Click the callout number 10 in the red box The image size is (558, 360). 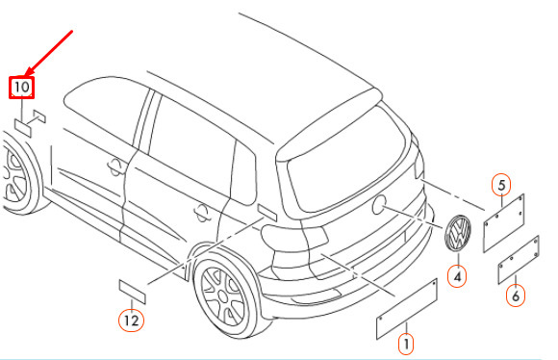click(21, 88)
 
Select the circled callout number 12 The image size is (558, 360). click(131, 321)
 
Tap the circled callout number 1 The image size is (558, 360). click(406, 344)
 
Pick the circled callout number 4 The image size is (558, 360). click(458, 276)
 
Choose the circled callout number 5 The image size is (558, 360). click(501, 185)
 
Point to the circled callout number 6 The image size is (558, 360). click(516, 296)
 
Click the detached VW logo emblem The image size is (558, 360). click(458, 233)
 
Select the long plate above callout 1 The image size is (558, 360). click(407, 309)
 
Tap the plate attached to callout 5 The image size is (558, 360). click(503, 223)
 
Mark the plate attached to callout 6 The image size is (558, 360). click(519, 260)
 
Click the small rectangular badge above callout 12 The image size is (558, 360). click(133, 292)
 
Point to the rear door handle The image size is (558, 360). click(202, 213)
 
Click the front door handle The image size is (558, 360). click(115, 167)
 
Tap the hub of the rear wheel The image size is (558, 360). click(222, 296)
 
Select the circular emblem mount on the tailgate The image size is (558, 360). click(378, 205)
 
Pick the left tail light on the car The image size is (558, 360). click(294, 236)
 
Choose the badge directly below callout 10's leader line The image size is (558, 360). click(23, 128)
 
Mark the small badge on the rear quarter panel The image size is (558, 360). click(267, 213)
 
